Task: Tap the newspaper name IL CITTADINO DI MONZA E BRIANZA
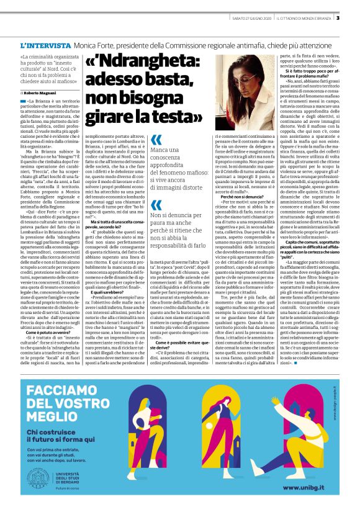tap(300, 18)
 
